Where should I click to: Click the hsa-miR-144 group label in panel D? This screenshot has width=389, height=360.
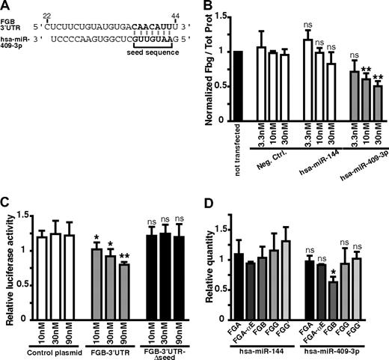253,348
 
